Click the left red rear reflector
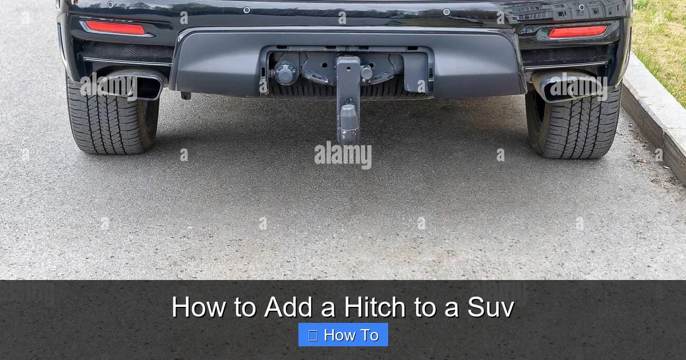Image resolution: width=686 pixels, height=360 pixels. (x=115, y=27)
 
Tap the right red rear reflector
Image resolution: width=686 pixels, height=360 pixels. (x=578, y=31)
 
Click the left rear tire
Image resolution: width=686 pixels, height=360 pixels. (x=109, y=123)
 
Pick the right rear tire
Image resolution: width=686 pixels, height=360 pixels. (x=575, y=126)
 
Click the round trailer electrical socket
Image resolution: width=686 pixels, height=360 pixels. (x=285, y=73)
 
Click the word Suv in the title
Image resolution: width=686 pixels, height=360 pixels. (x=490, y=307)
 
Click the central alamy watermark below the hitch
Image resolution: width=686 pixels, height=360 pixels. (x=343, y=154)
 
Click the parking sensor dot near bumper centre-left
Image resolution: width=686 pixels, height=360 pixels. (x=246, y=10)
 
